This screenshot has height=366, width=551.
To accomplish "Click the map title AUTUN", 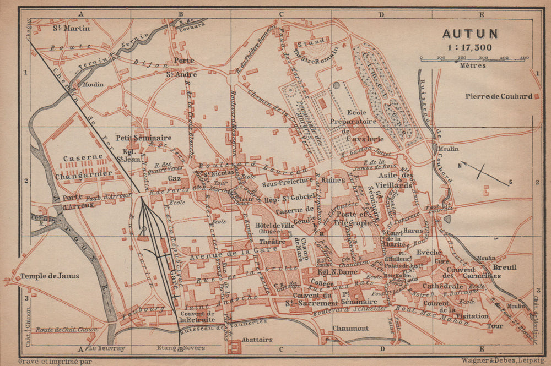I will (x=470, y=34).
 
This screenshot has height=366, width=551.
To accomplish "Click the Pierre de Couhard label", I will (x=499, y=96).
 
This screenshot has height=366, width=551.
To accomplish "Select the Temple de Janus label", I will (x=50, y=276).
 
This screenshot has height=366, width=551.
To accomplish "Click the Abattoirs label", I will (x=257, y=340).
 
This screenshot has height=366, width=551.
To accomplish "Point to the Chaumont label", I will (x=350, y=329).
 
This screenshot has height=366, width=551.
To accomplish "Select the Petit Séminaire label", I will (x=143, y=138).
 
